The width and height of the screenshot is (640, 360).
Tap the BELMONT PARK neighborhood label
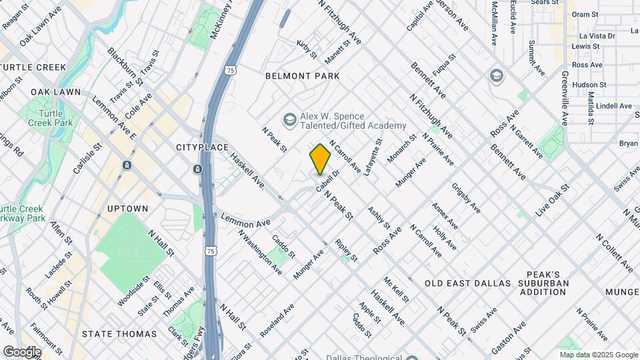302,76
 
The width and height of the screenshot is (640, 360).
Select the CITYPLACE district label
202,147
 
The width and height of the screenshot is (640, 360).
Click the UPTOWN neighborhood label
127,209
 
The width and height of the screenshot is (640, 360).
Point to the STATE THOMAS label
119,333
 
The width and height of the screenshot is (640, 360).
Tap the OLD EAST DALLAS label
467,283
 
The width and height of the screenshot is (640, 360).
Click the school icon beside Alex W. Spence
289,120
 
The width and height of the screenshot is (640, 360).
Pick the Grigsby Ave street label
466,198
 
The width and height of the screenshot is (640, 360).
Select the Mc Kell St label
396,290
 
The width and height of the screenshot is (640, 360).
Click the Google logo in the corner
22,351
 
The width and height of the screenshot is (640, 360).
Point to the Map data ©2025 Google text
598,355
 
